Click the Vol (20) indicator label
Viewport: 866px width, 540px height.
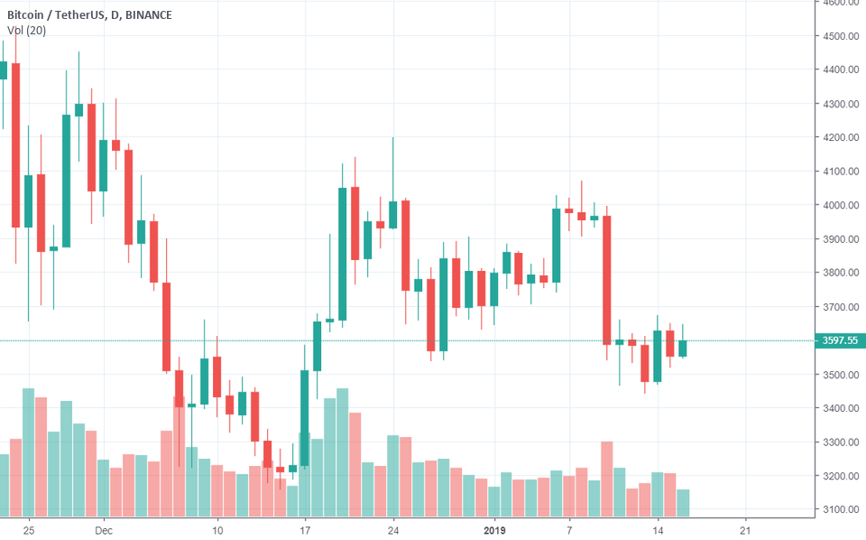coord(27,31)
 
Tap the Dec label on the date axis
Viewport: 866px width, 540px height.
coord(103,529)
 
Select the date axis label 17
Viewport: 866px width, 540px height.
coord(305,529)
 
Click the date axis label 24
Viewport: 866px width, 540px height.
coord(393,529)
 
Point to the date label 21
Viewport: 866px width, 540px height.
coord(745,529)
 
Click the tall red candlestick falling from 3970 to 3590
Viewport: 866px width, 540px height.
coord(607,280)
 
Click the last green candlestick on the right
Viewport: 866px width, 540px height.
coord(683,348)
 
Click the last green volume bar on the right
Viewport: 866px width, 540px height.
coord(683,502)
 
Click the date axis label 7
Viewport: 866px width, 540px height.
coord(569,529)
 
